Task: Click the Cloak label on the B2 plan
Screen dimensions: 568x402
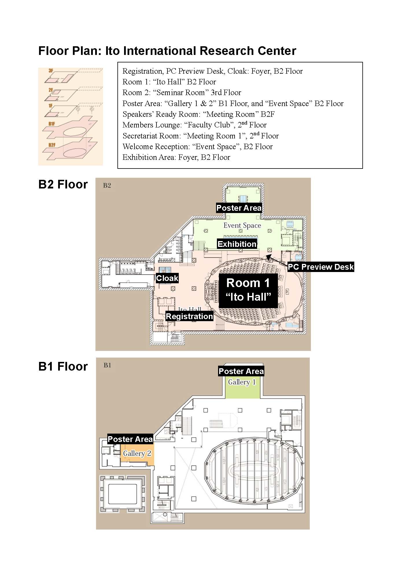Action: click(x=167, y=278)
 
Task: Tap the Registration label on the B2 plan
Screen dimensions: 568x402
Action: click(x=189, y=316)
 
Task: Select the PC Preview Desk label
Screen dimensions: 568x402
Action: click(x=321, y=267)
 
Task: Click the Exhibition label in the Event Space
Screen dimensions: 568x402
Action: click(x=237, y=244)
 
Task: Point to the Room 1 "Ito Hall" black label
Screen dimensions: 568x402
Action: click(x=248, y=290)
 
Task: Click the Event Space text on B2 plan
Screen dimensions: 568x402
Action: click(x=242, y=225)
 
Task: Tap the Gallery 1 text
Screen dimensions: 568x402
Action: click(x=242, y=382)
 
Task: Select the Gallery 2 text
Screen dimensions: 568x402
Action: click(x=137, y=453)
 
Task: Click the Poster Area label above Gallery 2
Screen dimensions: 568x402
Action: click(x=130, y=439)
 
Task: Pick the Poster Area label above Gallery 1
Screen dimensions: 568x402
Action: click(x=241, y=371)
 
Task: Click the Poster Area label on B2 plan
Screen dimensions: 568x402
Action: click(x=239, y=208)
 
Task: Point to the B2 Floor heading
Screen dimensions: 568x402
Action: click(x=63, y=184)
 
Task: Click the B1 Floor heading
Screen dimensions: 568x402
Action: click(x=63, y=367)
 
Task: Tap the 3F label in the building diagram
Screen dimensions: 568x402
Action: click(x=51, y=71)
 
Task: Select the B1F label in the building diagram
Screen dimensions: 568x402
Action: click(x=52, y=124)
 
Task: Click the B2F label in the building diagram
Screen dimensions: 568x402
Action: click(x=52, y=145)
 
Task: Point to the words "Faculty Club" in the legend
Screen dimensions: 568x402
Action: click(x=209, y=125)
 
